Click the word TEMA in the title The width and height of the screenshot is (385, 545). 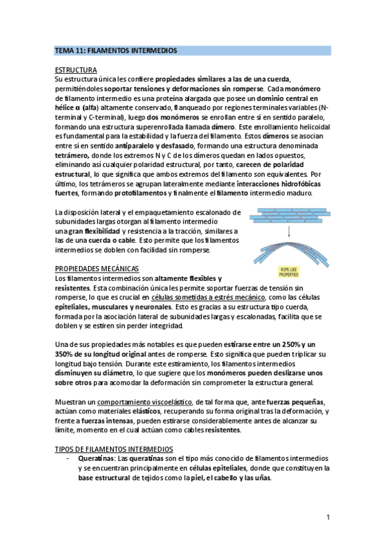64,50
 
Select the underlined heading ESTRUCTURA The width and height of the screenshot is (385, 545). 76,69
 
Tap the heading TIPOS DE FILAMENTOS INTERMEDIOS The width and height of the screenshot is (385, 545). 114,447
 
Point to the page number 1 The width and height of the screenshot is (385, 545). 328,517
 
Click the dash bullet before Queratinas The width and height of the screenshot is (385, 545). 68,459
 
